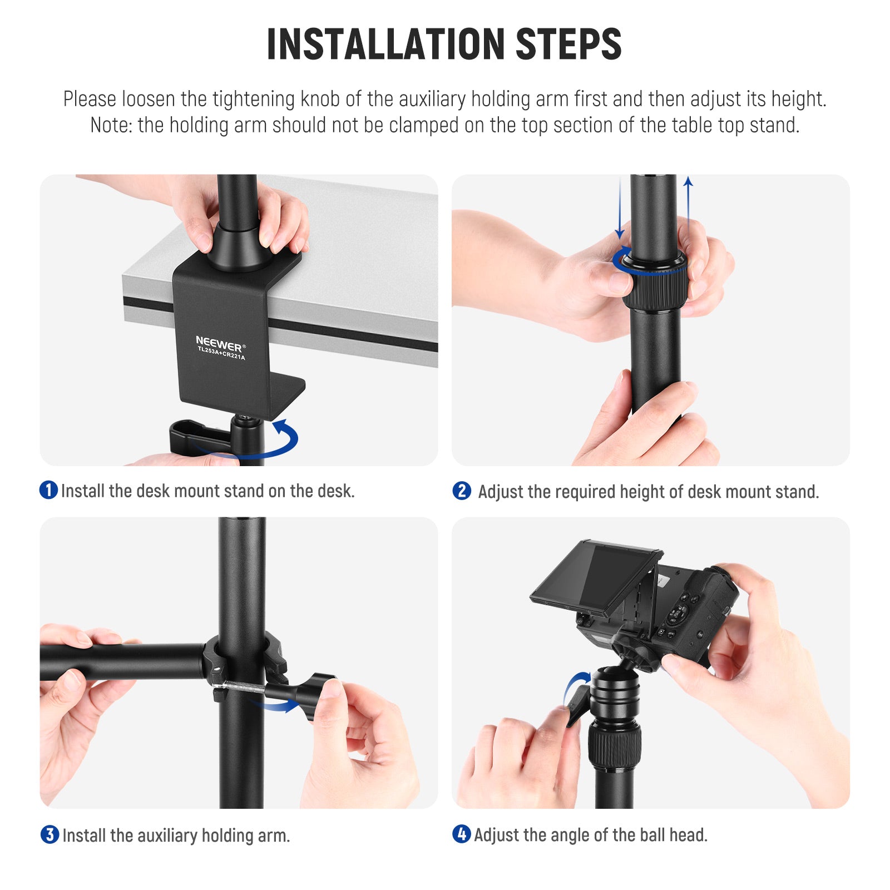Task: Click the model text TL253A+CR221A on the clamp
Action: coord(221,353)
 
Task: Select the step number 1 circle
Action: coord(49,489)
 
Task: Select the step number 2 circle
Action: coord(462,491)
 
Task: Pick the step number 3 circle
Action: coord(50,834)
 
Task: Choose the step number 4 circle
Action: coord(462,834)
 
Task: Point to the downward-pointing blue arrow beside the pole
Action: coord(620,206)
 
